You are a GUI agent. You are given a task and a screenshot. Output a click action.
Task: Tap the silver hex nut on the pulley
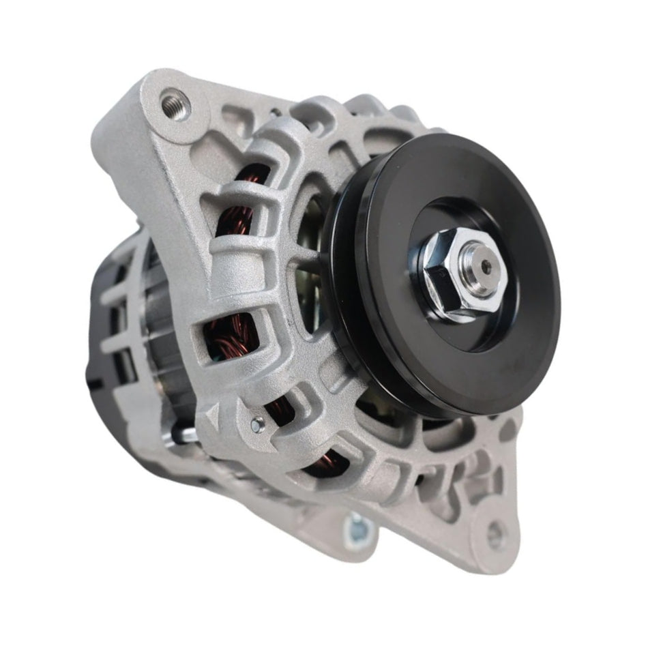point(463,276)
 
